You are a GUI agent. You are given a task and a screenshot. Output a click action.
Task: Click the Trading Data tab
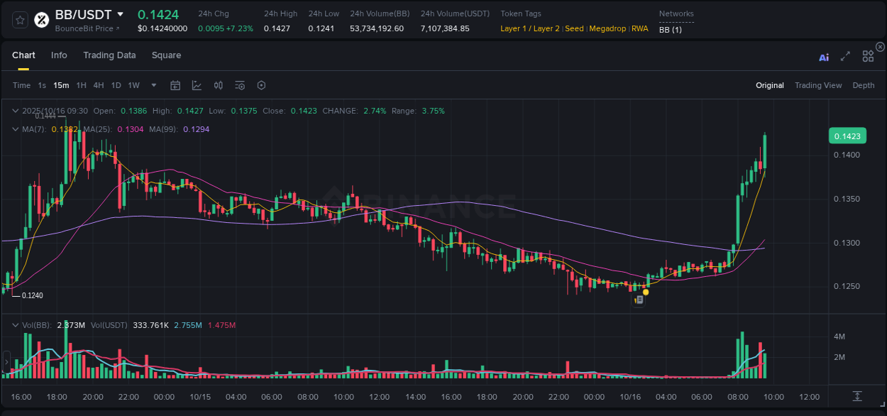pos(109,55)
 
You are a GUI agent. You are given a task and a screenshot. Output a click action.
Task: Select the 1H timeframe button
pos(82,85)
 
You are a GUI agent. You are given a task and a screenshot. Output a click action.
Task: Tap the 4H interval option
pos(99,85)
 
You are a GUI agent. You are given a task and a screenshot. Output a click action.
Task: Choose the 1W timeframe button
pos(133,85)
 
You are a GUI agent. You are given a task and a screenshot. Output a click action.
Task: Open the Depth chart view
pos(864,85)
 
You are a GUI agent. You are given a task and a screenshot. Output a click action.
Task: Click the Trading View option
pos(818,85)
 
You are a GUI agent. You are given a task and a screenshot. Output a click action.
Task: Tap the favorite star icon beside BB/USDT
pos(21,20)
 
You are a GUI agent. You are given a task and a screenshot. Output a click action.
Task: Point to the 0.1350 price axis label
pos(847,199)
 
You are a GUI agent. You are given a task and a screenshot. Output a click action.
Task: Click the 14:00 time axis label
pos(415,397)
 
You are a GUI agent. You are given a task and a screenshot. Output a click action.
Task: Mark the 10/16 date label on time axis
pos(629,397)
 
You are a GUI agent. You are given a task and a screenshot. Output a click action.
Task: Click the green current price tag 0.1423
pos(847,136)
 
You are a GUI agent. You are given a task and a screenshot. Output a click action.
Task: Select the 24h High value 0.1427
pos(277,28)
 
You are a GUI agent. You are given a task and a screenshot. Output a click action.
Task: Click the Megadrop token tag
pos(607,28)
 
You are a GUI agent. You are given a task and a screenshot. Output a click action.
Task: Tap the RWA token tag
pos(640,28)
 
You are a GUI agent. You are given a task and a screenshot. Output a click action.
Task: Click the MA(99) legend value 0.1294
pos(196,129)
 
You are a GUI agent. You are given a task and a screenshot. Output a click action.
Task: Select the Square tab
pos(166,55)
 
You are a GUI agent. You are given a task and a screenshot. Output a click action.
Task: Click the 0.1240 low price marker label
pos(33,295)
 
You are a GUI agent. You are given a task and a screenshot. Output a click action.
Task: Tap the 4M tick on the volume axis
pos(839,336)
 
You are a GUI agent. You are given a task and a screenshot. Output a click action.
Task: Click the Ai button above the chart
pos(824,58)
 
